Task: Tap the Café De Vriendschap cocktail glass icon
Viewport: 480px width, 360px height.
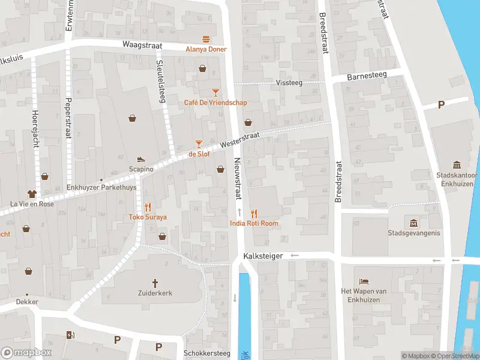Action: click(215, 92)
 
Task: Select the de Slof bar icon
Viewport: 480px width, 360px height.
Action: click(199, 143)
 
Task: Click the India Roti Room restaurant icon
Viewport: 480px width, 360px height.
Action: click(254, 213)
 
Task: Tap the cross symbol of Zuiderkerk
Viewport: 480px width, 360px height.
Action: click(155, 283)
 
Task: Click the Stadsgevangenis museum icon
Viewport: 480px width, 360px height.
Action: click(413, 223)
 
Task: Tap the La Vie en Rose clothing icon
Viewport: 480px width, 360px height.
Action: click(32, 194)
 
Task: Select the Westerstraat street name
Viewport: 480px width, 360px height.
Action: click(239, 140)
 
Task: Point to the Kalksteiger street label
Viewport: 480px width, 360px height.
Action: click(263, 256)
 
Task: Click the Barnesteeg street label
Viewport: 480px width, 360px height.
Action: click(367, 77)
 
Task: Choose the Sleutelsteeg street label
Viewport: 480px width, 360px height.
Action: click(160, 81)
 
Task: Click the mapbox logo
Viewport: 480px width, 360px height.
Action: click(26, 352)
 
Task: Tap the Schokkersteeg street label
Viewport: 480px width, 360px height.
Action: click(207, 353)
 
